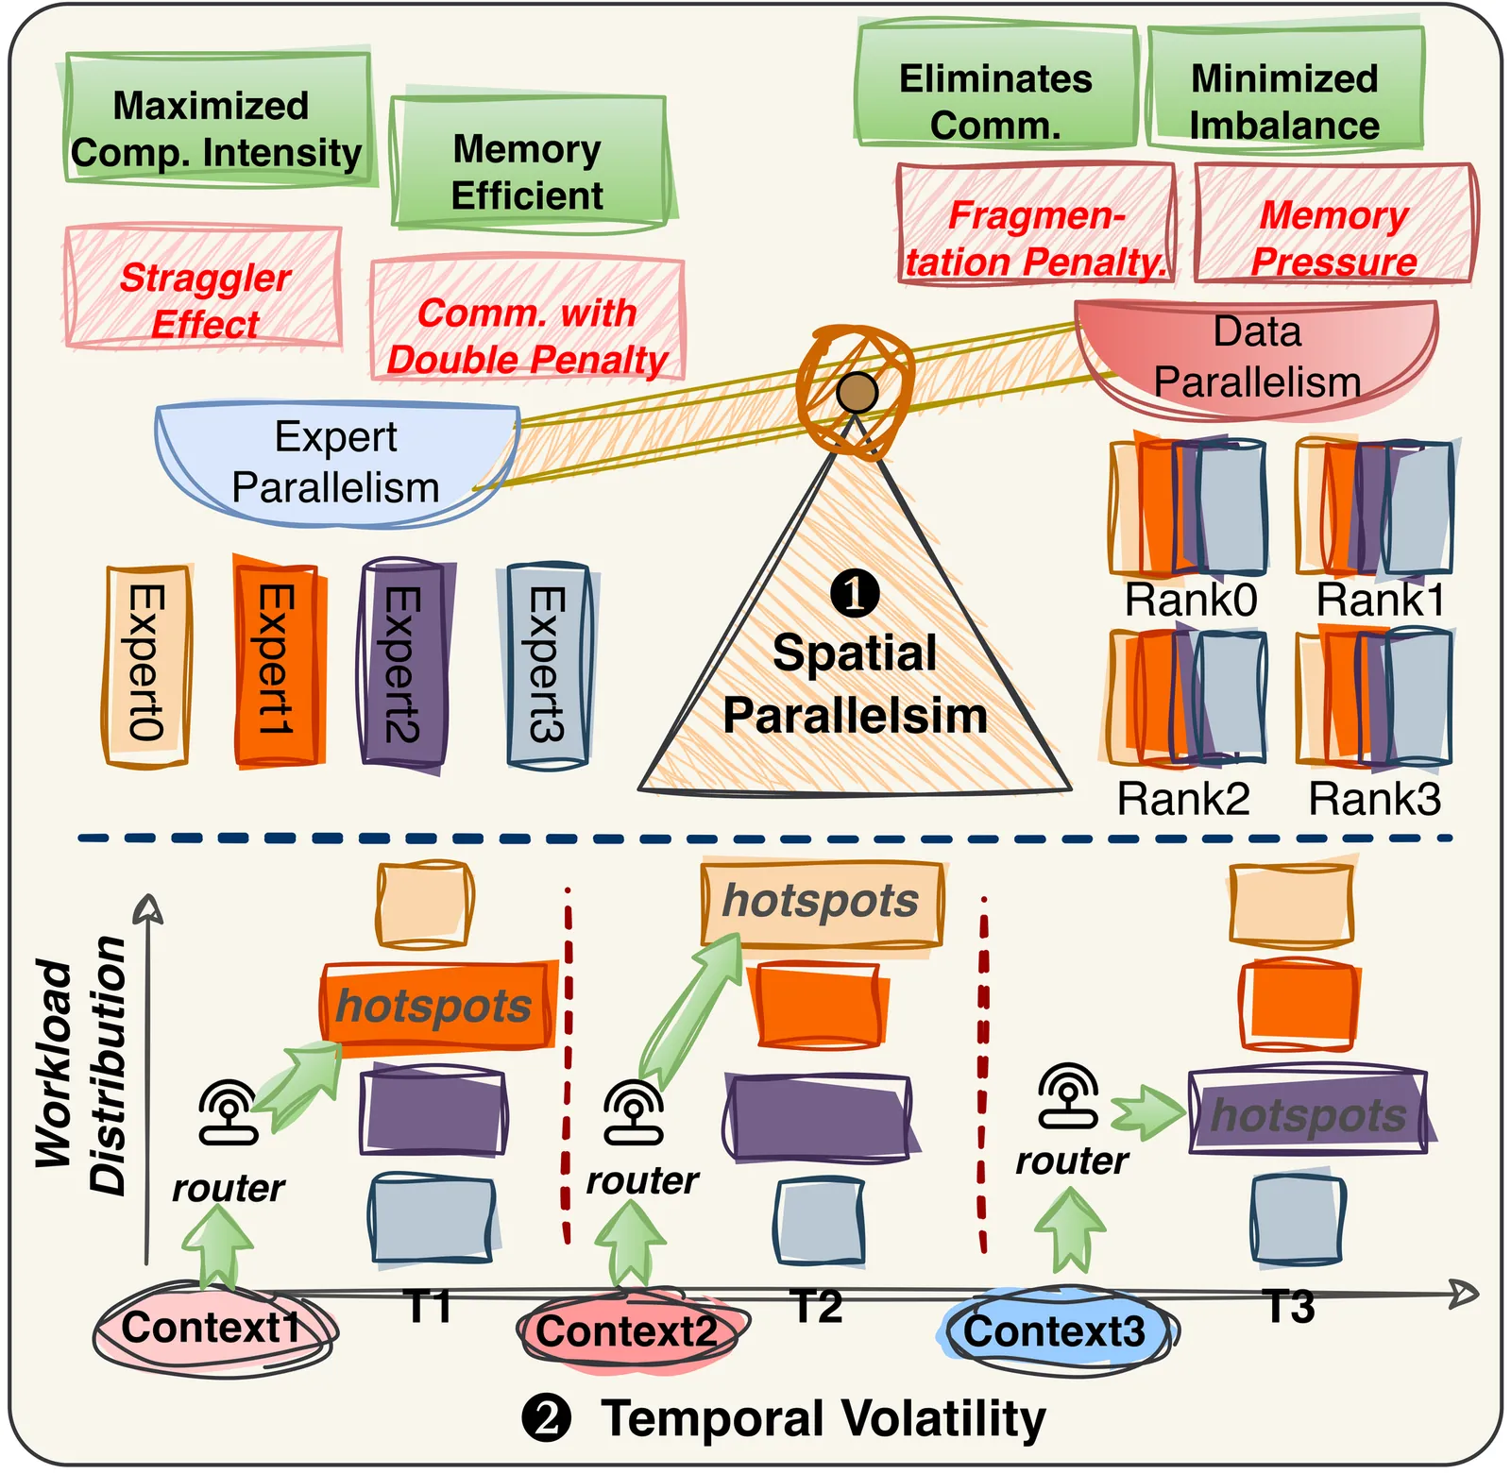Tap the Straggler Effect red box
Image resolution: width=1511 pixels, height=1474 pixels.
pyautogui.click(x=203, y=288)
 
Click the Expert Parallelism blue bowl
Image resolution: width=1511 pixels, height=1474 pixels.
pyautogui.click(x=336, y=463)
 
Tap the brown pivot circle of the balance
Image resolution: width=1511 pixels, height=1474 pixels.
pyautogui.click(x=857, y=392)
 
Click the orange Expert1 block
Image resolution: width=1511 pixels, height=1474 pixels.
pyautogui.click(x=277, y=661)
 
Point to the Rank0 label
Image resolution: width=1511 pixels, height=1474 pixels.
pyautogui.click(x=1190, y=601)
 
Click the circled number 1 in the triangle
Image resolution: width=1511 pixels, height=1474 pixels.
pyautogui.click(x=855, y=594)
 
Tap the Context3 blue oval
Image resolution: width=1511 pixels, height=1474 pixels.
pyautogui.click(x=1056, y=1331)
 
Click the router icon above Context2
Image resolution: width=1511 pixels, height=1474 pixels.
pyautogui.click(x=634, y=1113)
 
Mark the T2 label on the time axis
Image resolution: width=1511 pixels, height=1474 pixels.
pyautogui.click(x=817, y=1307)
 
